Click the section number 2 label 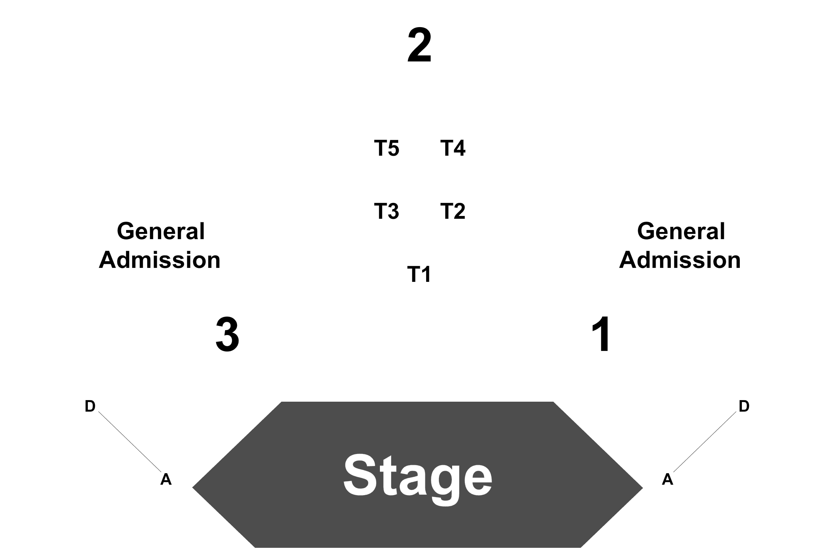click(x=419, y=46)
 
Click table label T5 click(x=387, y=148)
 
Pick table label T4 click(x=453, y=148)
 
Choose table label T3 click(x=387, y=211)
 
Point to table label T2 click(x=453, y=211)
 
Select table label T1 click(x=419, y=274)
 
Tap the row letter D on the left click(x=90, y=406)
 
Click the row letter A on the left click(x=166, y=479)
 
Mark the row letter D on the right click(x=744, y=406)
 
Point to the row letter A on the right click(x=668, y=479)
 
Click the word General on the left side click(x=161, y=231)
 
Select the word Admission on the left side click(x=160, y=260)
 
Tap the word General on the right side click(x=681, y=231)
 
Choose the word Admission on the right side click(x=680, y=260)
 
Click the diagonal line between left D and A click(x=130, y=442)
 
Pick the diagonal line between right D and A click(x=705, y=442)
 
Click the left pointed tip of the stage click(x=193, y=487)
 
